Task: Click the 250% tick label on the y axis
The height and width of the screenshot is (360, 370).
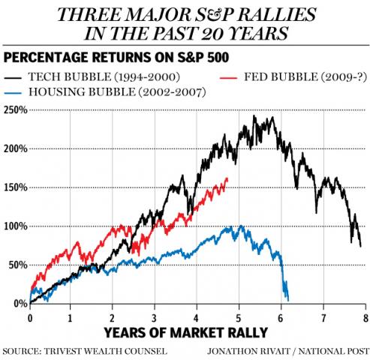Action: coord(15,109)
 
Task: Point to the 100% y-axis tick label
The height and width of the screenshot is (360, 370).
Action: coord(15,226)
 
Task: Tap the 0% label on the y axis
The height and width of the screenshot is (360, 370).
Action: coord(20,303)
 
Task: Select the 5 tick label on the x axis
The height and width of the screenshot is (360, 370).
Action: coord(239,316)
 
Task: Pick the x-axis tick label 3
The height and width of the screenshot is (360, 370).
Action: coord(155,316)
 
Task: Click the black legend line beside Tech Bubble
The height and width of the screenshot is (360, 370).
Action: coord(18,77)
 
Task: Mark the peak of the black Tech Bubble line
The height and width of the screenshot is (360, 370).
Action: coord(255,117)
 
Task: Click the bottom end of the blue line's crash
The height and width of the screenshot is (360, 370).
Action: coord(288,298)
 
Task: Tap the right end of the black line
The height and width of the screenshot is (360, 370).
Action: coord(361,245)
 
